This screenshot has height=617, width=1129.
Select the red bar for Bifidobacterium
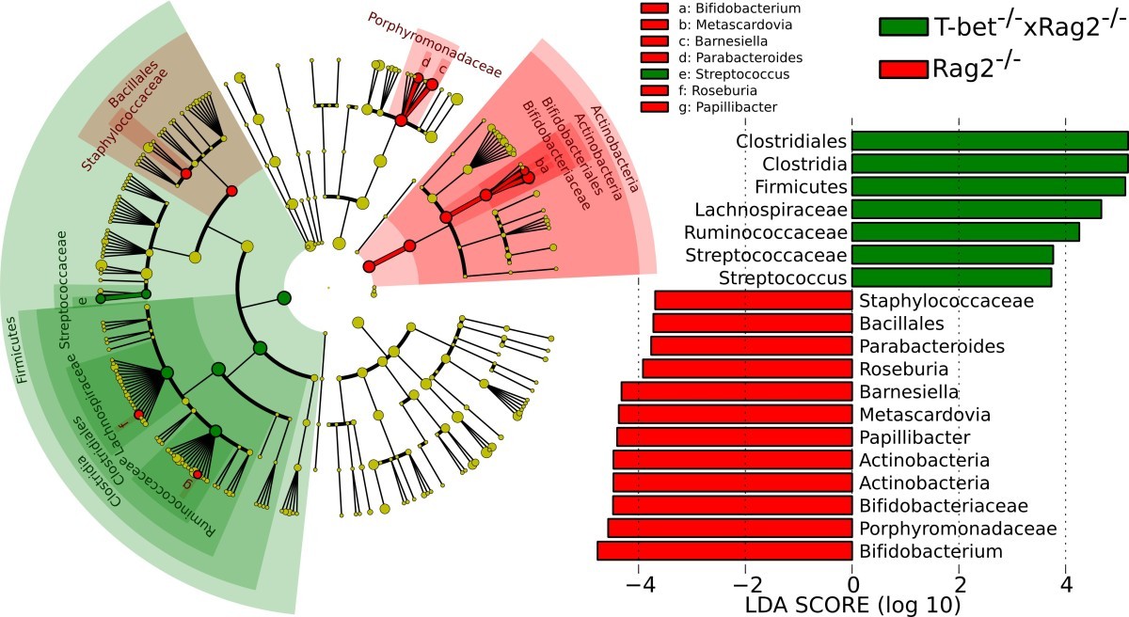pos(724,551)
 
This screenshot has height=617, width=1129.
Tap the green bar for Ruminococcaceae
pos(965,231)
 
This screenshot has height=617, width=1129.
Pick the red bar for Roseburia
pos(747,369)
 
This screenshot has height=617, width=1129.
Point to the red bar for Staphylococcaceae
pos(753,300)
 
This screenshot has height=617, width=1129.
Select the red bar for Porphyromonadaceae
pos(730,528)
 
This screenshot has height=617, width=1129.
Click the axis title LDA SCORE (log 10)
pos(851,603)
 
